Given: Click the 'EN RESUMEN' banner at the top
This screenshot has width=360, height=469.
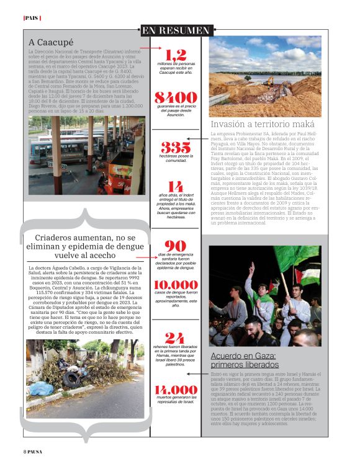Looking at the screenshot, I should [176, 30].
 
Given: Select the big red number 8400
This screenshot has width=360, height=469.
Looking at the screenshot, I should [176, 97].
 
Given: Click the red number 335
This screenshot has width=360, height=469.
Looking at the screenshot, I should [176, 146].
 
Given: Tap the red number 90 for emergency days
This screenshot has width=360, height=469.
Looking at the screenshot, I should [176, 246].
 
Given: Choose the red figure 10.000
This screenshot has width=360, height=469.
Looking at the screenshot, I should [176, 285].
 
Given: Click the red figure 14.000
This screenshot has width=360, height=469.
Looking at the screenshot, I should [176, 390].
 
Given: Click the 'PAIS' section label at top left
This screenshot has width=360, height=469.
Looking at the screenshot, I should [32, 18].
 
